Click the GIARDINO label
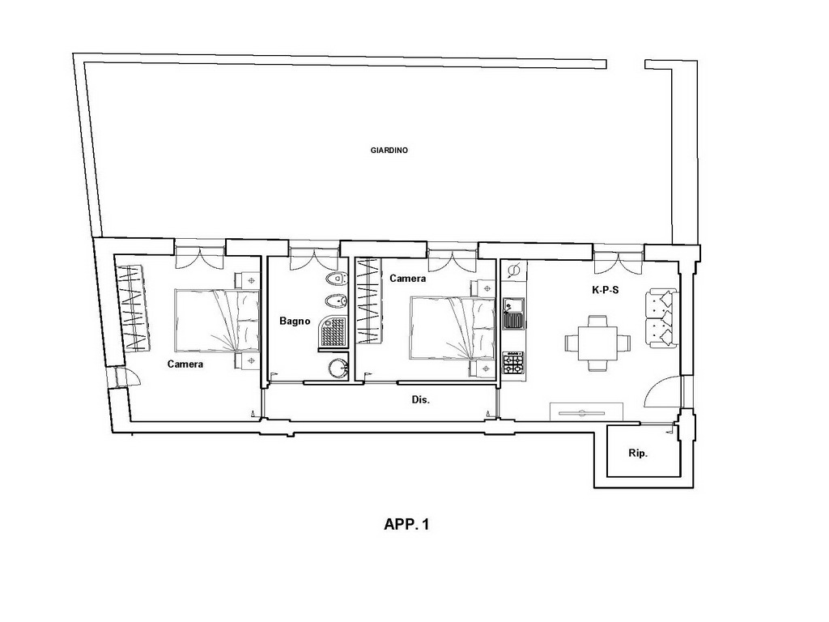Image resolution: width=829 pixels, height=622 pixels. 389,150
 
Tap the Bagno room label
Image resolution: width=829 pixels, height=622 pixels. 295,321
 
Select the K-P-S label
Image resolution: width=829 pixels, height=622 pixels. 605,290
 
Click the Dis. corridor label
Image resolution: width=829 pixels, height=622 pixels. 420,400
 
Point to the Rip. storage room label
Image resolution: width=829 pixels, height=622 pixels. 638,454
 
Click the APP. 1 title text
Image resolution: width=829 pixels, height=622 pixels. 406,524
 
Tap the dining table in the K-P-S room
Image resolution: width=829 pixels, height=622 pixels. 597,343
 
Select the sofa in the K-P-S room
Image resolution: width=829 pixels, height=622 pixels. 661,318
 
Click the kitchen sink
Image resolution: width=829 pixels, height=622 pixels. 512,313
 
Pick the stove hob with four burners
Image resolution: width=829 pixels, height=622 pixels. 512,363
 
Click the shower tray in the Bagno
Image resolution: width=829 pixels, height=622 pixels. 333,332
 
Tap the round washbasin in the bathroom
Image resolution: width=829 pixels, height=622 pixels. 336,368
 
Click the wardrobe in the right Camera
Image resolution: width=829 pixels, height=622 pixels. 369,301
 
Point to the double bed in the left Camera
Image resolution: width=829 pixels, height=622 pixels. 217,321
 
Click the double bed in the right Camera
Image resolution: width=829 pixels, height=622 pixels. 453,328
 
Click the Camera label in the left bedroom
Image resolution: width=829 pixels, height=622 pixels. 185,364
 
